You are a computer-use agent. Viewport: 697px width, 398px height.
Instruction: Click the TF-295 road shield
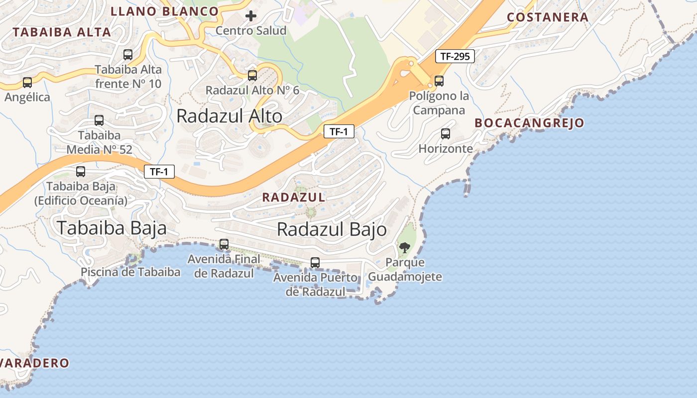455,56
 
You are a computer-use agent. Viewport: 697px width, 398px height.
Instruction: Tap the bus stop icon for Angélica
27,82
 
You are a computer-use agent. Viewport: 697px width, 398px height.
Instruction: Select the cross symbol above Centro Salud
251,16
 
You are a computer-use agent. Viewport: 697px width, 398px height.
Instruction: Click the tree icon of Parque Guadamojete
405,247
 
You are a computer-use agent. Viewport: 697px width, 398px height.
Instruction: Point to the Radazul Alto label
229,116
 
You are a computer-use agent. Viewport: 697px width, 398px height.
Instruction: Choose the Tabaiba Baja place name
111,228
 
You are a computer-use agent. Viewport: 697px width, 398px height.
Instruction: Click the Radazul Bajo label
332,229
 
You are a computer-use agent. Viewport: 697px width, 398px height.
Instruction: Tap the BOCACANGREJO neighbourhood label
529,123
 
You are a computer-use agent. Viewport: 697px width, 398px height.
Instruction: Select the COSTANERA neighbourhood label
548,17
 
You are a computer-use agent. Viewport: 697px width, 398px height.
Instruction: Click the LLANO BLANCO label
164,11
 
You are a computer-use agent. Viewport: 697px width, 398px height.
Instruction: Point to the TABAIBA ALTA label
62,32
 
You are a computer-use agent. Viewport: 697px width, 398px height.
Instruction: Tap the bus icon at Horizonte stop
446,133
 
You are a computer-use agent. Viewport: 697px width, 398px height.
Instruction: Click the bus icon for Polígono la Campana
439,81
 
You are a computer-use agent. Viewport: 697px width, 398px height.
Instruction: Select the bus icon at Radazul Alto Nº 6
252,76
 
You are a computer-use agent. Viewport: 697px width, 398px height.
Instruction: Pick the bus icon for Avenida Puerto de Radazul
315,262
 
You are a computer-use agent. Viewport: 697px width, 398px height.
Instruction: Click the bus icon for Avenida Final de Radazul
224,244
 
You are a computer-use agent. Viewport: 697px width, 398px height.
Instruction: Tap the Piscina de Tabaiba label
130,272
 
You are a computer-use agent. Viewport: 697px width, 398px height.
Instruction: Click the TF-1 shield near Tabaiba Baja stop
159,172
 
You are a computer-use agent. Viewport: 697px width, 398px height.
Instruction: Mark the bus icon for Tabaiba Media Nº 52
99,120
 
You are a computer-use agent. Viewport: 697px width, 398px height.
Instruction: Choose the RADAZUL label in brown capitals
294,198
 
